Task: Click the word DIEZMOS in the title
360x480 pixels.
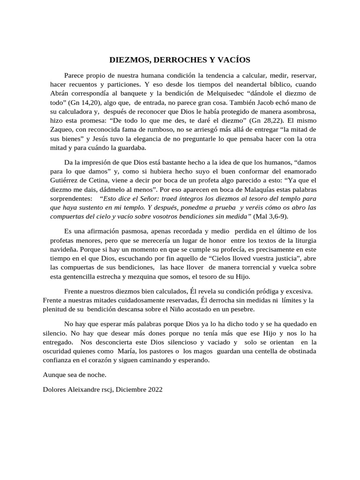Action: [127, 60]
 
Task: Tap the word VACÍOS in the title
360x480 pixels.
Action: [233, 60]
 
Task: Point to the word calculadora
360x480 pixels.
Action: [80, 111]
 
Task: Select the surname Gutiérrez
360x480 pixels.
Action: [64, 180]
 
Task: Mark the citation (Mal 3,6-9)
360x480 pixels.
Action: [271, 216]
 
